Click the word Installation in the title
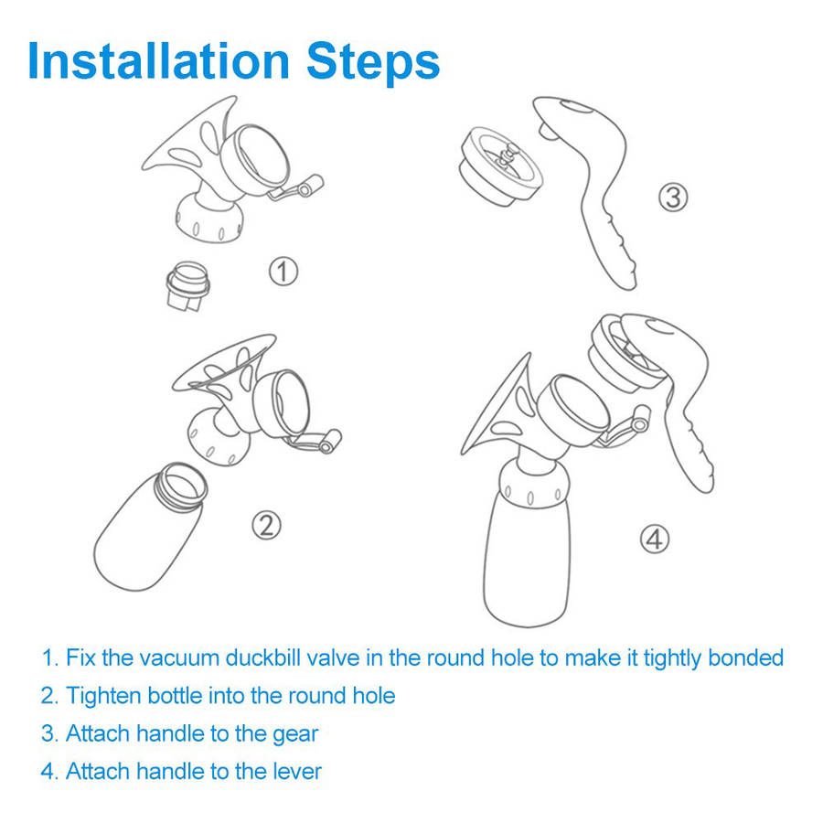[x=158, y=61]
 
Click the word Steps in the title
[x=373, y=64]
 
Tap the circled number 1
[x=283, y=272]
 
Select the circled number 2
[x=267, y=526]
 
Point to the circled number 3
[x=673, y=198]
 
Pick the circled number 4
[x=655, y=539]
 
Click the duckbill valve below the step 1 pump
[x=187, y=286]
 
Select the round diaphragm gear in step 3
[x=501, y=167]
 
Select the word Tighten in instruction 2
[x=103, y=696]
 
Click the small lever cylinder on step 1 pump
[x=311, y=186]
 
